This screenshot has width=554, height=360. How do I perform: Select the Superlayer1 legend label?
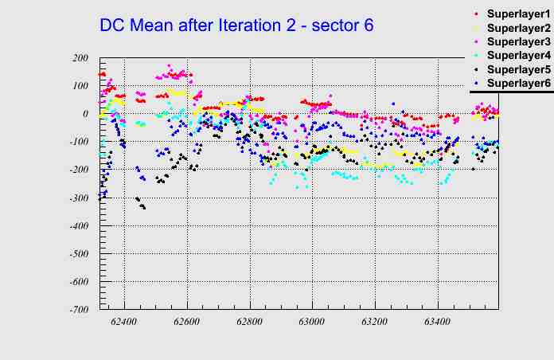pyautogui.click(x=518, y=15)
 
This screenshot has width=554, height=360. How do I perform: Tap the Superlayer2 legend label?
pyautogui.click(x=518, y=29)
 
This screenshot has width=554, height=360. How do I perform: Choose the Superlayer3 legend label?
pyautogui.click(x=518, y=41)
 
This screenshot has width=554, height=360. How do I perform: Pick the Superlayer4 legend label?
pyautogui.click(x=518, y=56)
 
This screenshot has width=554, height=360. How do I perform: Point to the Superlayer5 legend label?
pyautogui.click(x=518, y=69)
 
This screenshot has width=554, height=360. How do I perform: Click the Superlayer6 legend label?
pyautogui.click(x=518, y=83)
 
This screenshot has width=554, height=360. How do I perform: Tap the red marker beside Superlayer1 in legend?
pyautogui.click(x=476, y=15)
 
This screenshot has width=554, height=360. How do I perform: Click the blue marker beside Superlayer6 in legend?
pyautogui.click(x=476, y=83)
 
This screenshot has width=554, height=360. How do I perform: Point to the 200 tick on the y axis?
pyautogui.click(x=80, y=58)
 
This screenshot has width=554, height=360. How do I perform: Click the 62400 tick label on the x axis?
pyautogui.click(x=124, y=322)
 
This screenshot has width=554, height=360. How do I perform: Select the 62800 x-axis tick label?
pyautogui.click(x=249, y=322)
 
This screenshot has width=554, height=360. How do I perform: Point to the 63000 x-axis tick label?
pyautogui.click(x=312, y=322)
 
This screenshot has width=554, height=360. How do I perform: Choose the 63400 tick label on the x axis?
pyautogui.click(x=437, y=322)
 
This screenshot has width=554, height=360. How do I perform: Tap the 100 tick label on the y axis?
pyautogui.click(x=80, y=86)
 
